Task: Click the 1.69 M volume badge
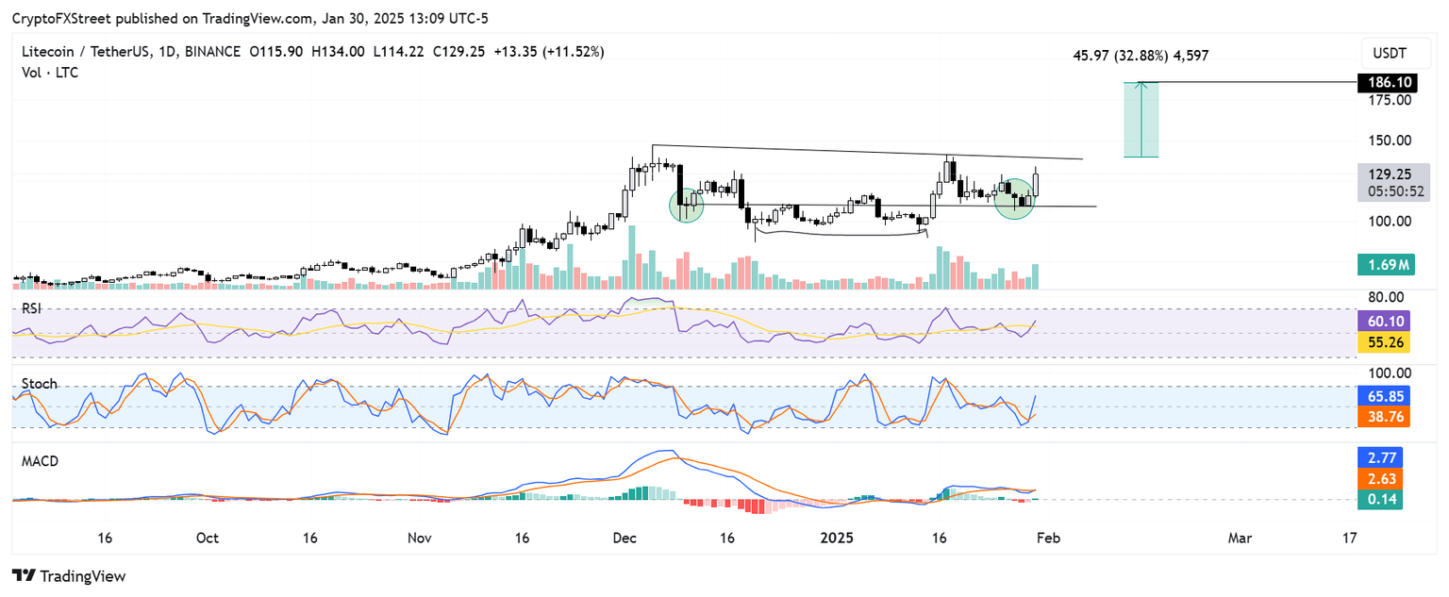pos(1384,266)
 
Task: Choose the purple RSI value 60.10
pos(1384,322)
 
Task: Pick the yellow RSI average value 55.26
pos(1384,341)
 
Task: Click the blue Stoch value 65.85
pos(1384,397)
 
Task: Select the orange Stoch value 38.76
pos(1384,416)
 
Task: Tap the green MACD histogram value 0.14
pos(1384,499)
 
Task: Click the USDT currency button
pos(1391,52)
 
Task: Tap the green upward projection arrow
pos(1141,119)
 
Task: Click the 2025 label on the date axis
pos(838,538)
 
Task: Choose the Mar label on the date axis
pos(1240,538)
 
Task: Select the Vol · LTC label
pos(50,72)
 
